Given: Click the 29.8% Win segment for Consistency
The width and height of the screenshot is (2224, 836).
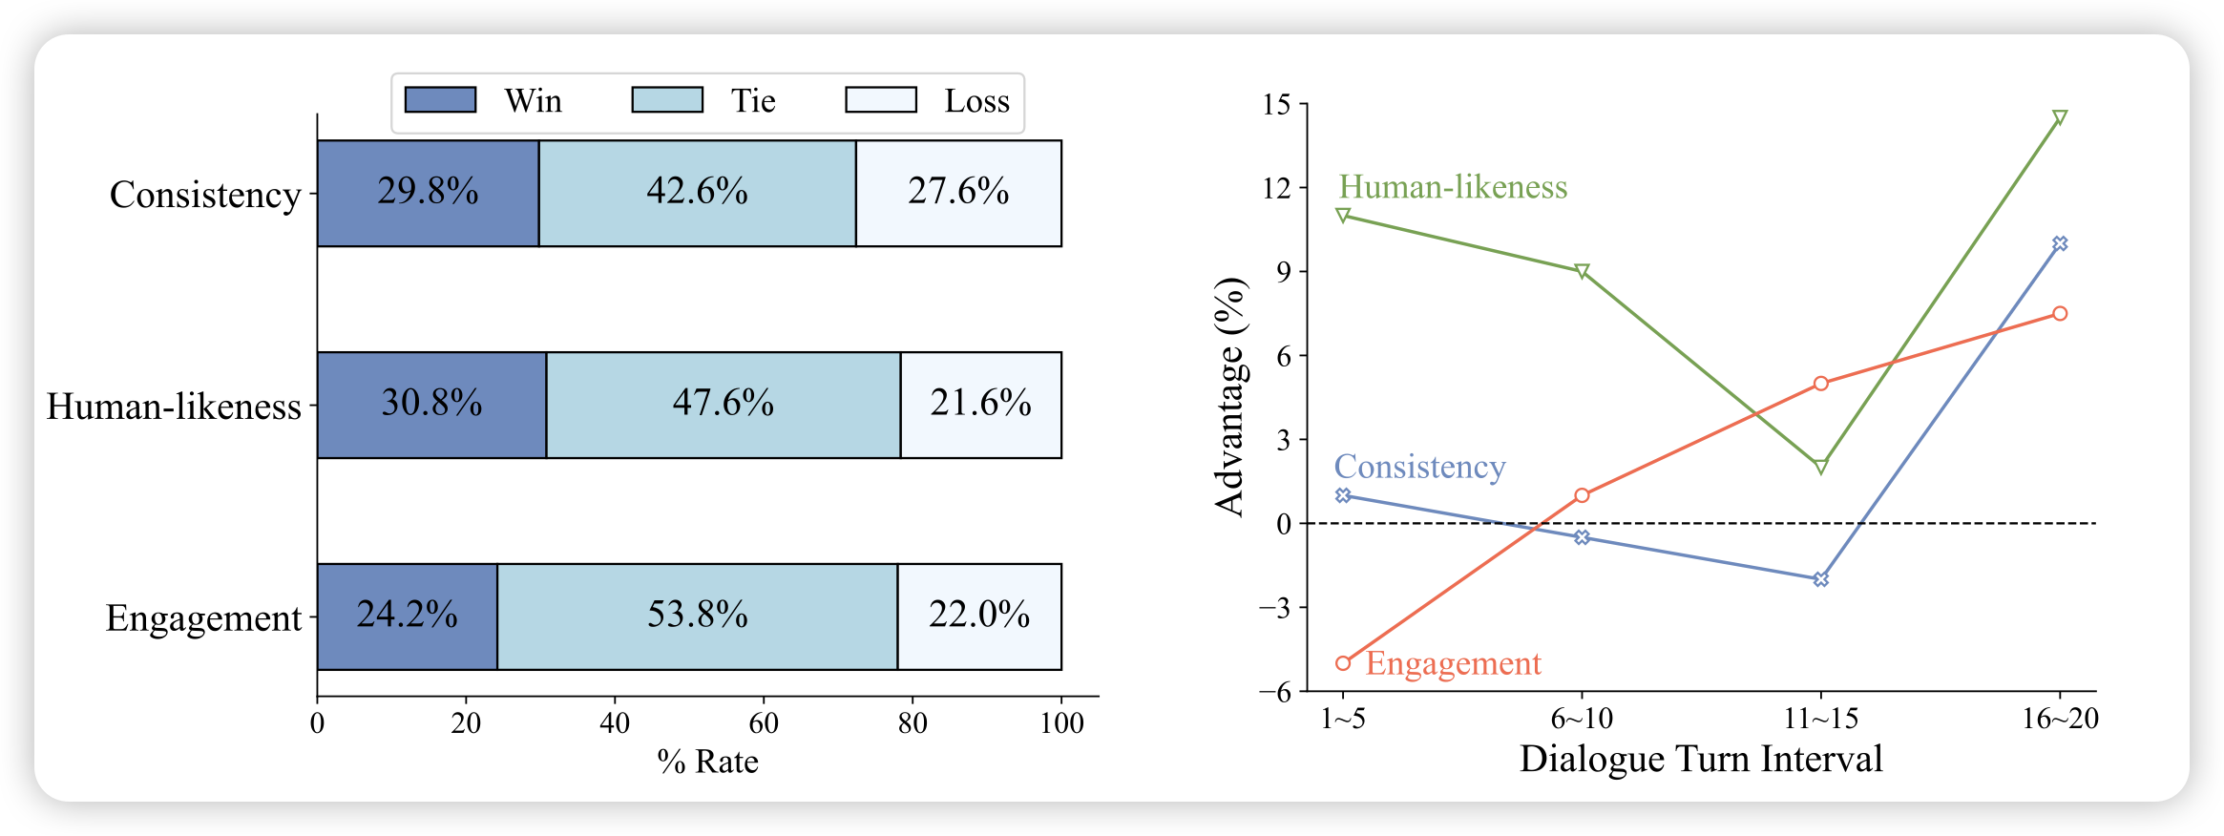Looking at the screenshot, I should pyautogui.click(x=428, y=193).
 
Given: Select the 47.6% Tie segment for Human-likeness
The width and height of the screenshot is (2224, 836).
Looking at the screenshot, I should pyautogui.click(x=723, y=405).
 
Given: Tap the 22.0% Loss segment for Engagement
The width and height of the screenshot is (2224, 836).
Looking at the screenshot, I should pyautogui.click(x=979, y=617).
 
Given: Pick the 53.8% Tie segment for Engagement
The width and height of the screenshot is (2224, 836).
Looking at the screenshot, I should pyautogui.click(x=697, y=617).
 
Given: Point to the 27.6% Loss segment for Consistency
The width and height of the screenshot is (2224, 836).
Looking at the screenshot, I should pyautogui.click(x=958, y=193).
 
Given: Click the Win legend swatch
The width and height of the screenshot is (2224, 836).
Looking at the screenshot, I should pyautogui.click(x=440, y=100).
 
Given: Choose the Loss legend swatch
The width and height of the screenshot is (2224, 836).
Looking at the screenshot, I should pyautogui.click(x=880, y=100).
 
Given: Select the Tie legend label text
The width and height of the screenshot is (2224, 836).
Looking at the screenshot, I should pyautogui.click(x=753, y=101).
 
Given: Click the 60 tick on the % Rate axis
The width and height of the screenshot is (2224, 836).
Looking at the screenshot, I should pyautogui.click(x=764, y=723).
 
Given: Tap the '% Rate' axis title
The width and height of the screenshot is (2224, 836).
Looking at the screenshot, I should pyautogui.click(x=707, y=762).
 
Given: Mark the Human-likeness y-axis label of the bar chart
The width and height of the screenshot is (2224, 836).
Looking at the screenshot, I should pyautogui.click(x=174, y=407).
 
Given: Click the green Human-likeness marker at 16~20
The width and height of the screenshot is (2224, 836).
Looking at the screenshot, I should pyautogui.click(x=2060, y=117).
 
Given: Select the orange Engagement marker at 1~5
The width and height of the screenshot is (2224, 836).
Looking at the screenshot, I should pyautogui.click(x=1343, y=663).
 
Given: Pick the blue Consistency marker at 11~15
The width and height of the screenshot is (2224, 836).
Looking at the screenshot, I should pyautogui.click(x=1820, y=579).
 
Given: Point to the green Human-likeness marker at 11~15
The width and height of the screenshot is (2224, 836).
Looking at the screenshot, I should pyautogui.click(x=1820, y=467).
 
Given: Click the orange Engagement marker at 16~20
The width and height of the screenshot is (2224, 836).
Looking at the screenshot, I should pyautogui.click(x=2060, y=314).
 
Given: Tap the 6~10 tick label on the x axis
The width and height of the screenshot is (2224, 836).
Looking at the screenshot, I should pyautogui.click(x=1582, y=719).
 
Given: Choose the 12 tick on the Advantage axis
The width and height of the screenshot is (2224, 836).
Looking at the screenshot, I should pyautogui.click(x=1276, y=188).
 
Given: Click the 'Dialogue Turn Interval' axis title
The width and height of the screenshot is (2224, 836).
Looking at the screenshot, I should pyautogui.click(x=1701, y=759).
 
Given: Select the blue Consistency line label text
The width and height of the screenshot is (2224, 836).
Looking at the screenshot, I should pyautogui.click(x=1419, y=467).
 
